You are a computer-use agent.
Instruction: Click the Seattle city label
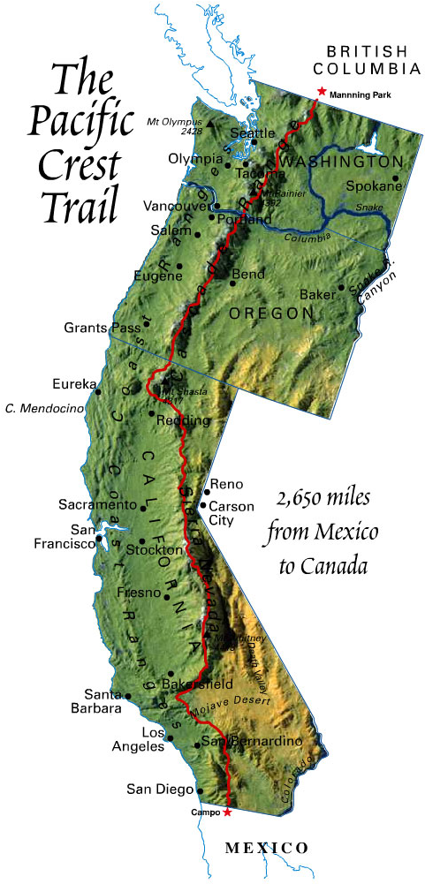pyautogui.click(x=247, y=133)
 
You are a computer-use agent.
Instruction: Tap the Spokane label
pyautogui.click(x=373, y=186)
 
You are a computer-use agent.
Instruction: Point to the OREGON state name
pyautogui.click(x=270, y=313)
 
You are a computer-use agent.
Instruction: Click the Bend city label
pyautogui.click(x=247, y=275)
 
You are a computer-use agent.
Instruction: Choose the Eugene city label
pyautogui.click(x=158, y=276)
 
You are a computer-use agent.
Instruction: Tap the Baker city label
pyautogui.click(x=318, y=293)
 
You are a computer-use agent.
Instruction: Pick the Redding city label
pyautogui.click(x=184, y=420)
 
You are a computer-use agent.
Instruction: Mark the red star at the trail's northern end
pyautogui.click(x=320, y=92)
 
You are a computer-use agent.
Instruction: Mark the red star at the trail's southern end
pyautogui.click(x=227, y=811)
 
